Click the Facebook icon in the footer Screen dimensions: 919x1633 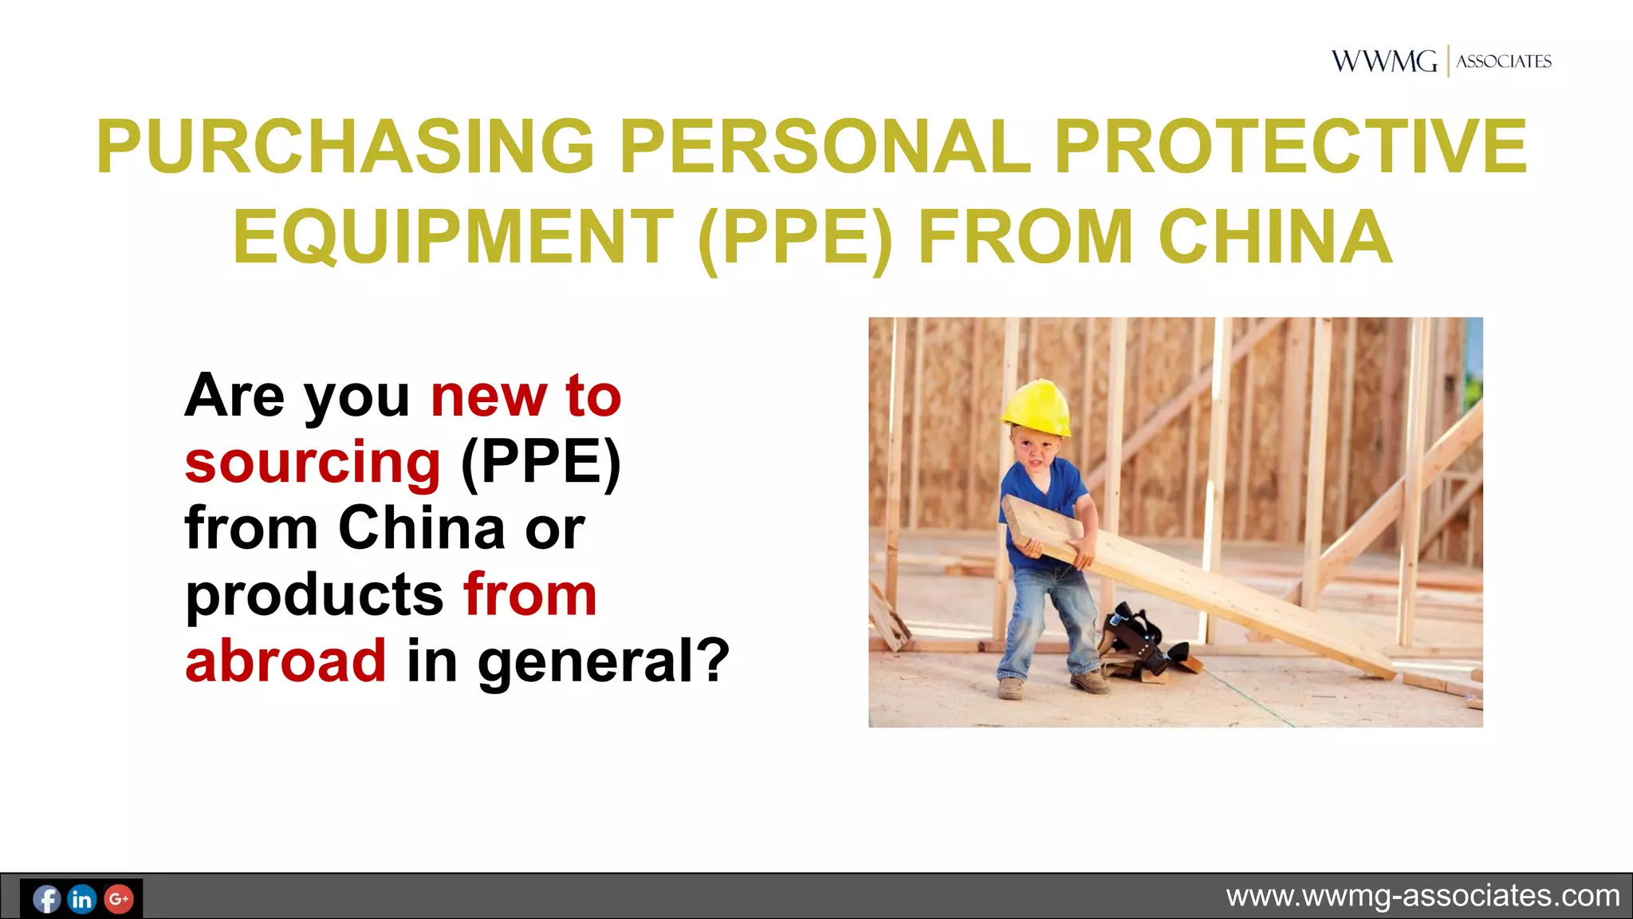tap(47, 899)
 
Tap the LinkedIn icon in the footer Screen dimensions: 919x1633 tap(82, 899)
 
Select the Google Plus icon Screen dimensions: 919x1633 tap(119, 899)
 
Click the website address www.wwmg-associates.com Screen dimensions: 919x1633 tap(1422, 896)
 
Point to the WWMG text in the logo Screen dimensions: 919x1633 tap(1383, 61)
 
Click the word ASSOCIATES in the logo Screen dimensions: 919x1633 tap(1504, 61)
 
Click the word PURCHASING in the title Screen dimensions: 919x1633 tap(345, 147)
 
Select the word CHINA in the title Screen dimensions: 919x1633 tap(1275, 237)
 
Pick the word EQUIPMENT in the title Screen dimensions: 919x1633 tap(453, 237)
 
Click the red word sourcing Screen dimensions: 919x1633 tap(313, 463)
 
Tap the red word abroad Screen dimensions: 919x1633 tap(285, 661)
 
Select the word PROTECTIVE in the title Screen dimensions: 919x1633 tap(1290, 147)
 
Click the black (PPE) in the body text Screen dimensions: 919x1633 tap(541, 463)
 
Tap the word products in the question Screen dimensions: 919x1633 tap(314, 595)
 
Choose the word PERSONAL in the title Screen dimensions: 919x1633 tap(824, 147)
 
